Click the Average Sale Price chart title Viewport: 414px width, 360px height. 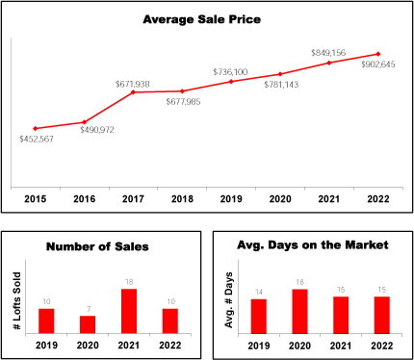[201, 19]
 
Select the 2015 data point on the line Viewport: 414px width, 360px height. [36, 128]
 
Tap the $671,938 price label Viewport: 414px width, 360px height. [133, 85]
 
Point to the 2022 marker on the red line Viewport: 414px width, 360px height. [378, 54]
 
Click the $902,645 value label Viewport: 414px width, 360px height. [378, 64]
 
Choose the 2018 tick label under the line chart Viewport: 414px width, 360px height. [182, 199]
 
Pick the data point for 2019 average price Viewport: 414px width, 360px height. [231, 82]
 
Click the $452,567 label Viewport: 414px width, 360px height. [37, 140]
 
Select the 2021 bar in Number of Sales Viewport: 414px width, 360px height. [129, 311]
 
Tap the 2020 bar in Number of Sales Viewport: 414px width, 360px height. [88, 324]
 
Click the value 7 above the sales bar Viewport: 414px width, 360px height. [89, 309]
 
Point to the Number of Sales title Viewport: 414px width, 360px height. [97, 246]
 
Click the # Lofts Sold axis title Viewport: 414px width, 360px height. [17, 301]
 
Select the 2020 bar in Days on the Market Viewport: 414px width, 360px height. [299, 312]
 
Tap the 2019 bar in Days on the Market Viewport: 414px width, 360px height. [259, 317]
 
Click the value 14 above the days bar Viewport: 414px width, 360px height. [259, 292]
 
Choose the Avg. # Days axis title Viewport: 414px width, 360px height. [228, 300]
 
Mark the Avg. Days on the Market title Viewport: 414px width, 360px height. [313, 245]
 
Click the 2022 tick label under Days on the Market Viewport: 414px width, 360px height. [382, 346]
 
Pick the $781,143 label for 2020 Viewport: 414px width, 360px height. [281, 85]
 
